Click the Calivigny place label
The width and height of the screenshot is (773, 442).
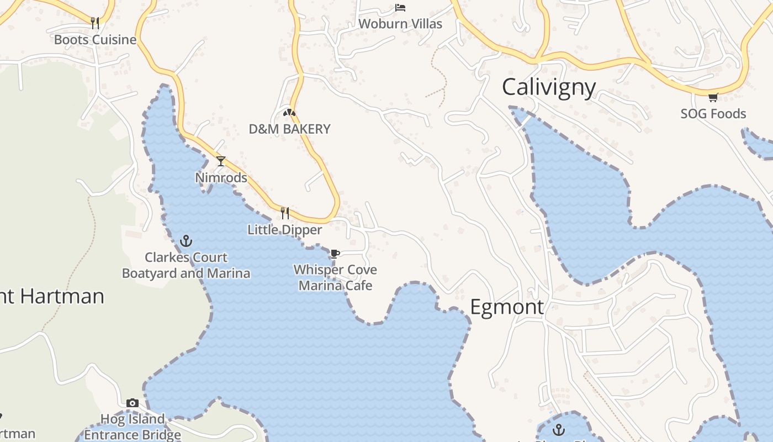549,88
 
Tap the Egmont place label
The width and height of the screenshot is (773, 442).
506,307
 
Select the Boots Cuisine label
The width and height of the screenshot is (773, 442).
95,40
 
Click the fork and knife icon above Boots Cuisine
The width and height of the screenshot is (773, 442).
95,23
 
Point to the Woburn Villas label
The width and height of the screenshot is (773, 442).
400,24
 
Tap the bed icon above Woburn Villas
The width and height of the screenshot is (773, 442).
400,8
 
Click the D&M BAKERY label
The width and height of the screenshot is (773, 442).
289,129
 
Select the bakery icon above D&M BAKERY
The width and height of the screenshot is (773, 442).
289,112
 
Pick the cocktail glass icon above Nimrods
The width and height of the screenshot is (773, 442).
221,161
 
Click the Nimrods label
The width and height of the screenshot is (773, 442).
221,178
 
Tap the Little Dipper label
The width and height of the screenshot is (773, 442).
284,230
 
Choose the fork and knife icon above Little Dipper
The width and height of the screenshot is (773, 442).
285,213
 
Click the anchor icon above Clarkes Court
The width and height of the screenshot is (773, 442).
186,241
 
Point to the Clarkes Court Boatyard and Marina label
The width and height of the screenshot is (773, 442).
186,265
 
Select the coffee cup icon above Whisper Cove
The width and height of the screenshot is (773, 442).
335,254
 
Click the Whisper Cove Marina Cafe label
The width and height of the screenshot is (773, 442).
335,278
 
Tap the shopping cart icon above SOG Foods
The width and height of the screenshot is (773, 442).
713,98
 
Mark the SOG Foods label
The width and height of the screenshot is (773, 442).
713,114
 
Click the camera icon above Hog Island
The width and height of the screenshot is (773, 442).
132,403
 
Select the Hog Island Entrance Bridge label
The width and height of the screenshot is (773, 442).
133,427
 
